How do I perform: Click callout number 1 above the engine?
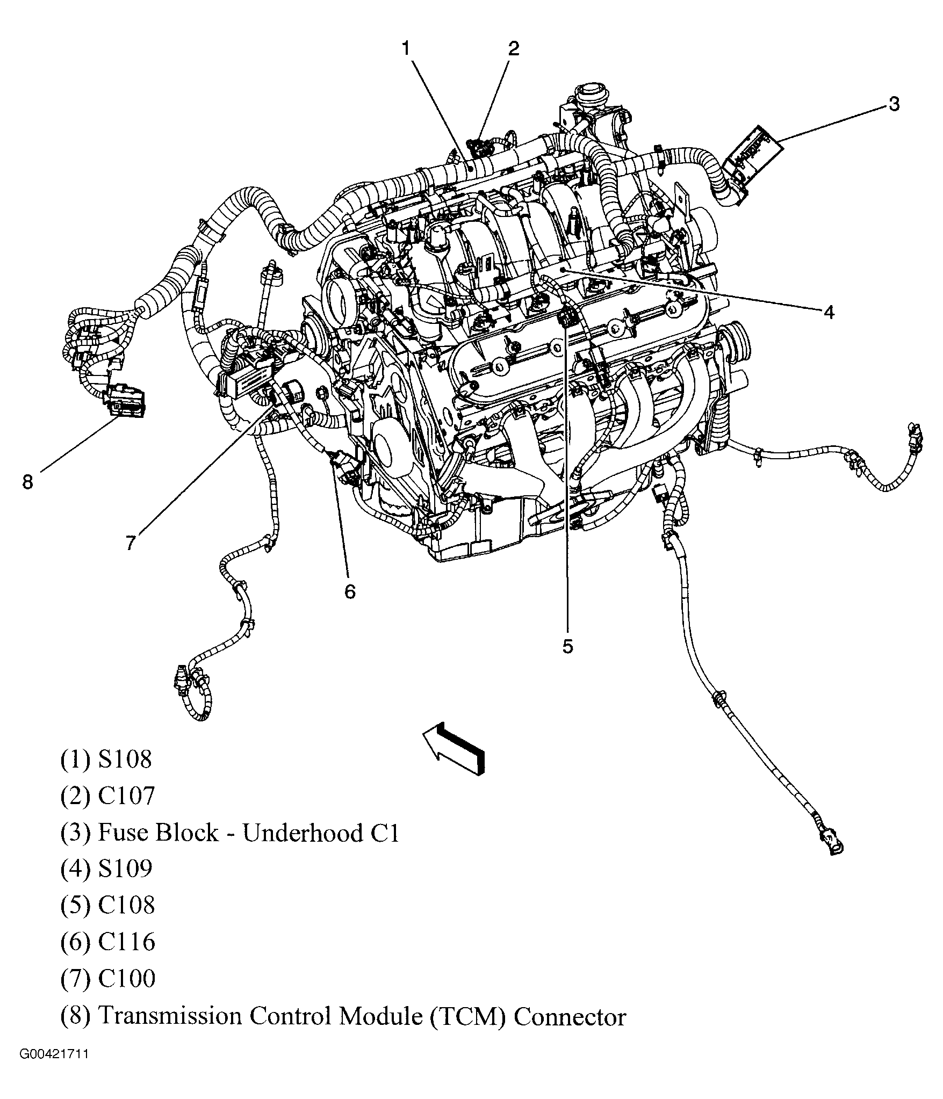[x=406, y=49]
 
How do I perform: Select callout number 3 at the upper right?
[x=893, y=104]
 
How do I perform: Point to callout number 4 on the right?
[x=829, y=312]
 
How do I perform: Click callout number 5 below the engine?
[x=568, y=646]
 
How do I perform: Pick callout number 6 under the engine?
[x=350, y=591]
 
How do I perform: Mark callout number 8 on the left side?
[x=27, y=481]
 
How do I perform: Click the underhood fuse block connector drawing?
[x=752, y=157]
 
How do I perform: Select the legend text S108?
[x=125, y=760]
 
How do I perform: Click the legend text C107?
[x=126, y=796]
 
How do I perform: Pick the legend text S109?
[x=125, y=869]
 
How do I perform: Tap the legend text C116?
[x=126, y=942]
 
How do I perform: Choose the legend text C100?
[x=126, y=978]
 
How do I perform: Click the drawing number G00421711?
[x=54, y=1069]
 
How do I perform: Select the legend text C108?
[x=126, y=905]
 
